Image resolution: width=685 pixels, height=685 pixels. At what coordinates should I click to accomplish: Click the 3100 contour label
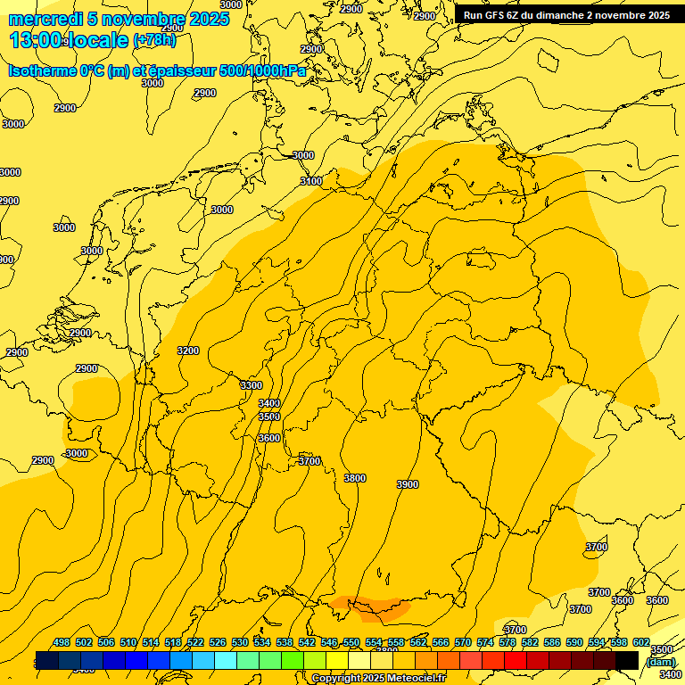click(x=311, y=181)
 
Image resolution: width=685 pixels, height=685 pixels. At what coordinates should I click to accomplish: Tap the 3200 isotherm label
click(x=188, y=351)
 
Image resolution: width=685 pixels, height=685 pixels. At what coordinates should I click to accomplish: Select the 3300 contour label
click(x=252, y=385)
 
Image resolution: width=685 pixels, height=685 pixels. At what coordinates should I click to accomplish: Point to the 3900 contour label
click(x=407, y=484)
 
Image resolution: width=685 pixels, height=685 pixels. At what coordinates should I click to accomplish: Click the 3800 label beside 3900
click(x=355, y=478)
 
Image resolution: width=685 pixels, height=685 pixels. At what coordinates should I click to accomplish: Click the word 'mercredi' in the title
click(x=45, y=20)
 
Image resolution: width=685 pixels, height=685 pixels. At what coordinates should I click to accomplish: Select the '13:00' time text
click(x=36, y=40)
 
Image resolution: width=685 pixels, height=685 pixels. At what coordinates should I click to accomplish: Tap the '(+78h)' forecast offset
click(x=154, y=40)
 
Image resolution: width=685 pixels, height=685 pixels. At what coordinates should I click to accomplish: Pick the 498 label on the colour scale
click(x=62, y=642)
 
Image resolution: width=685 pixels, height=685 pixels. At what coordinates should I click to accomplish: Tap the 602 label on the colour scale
click(x=642, y=642)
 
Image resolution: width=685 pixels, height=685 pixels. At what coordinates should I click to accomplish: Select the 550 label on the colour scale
click(x=351, y=642)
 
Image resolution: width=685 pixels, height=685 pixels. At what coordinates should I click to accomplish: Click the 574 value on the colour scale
click(x=485, y=642)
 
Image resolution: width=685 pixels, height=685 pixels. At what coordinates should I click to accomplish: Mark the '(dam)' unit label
click(x=661, y=661)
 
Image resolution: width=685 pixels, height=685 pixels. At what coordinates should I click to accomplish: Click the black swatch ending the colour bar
click(x=627, y=660)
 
